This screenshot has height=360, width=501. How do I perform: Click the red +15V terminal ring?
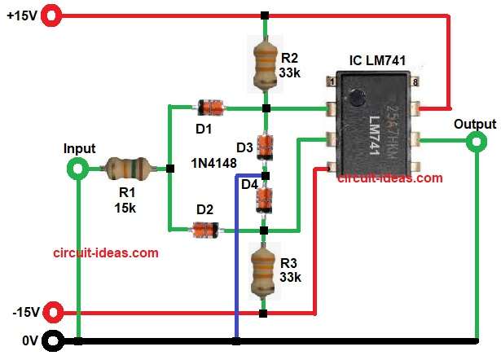point(53,15)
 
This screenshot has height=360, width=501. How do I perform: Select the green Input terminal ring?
point(77,169)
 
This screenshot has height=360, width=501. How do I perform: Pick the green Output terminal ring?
point(475,143)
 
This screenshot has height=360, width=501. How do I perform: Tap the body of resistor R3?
point(263,271)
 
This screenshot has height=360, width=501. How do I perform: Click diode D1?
point(209,106)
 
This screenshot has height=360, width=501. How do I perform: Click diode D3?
point(263,146)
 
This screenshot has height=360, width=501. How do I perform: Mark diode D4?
point(263,198)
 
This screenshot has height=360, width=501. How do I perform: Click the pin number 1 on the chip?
point(332,81)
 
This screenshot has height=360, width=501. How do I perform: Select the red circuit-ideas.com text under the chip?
point(390,178)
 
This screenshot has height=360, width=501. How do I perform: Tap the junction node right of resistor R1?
point(169,169)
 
